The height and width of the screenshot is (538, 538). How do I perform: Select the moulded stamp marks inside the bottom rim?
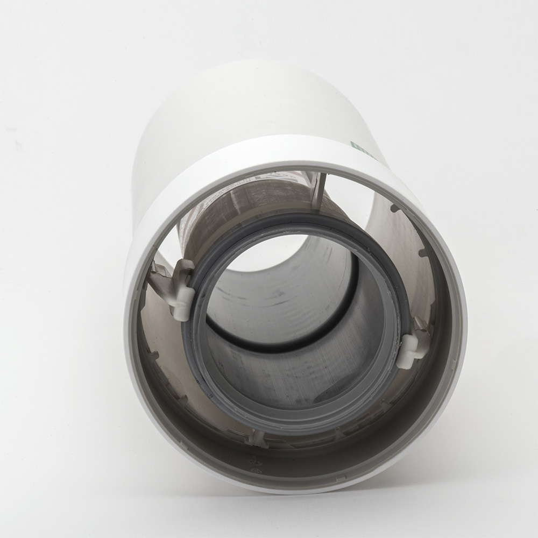coord(254,464)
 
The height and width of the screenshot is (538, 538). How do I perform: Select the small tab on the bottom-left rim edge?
coord(183,445)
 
